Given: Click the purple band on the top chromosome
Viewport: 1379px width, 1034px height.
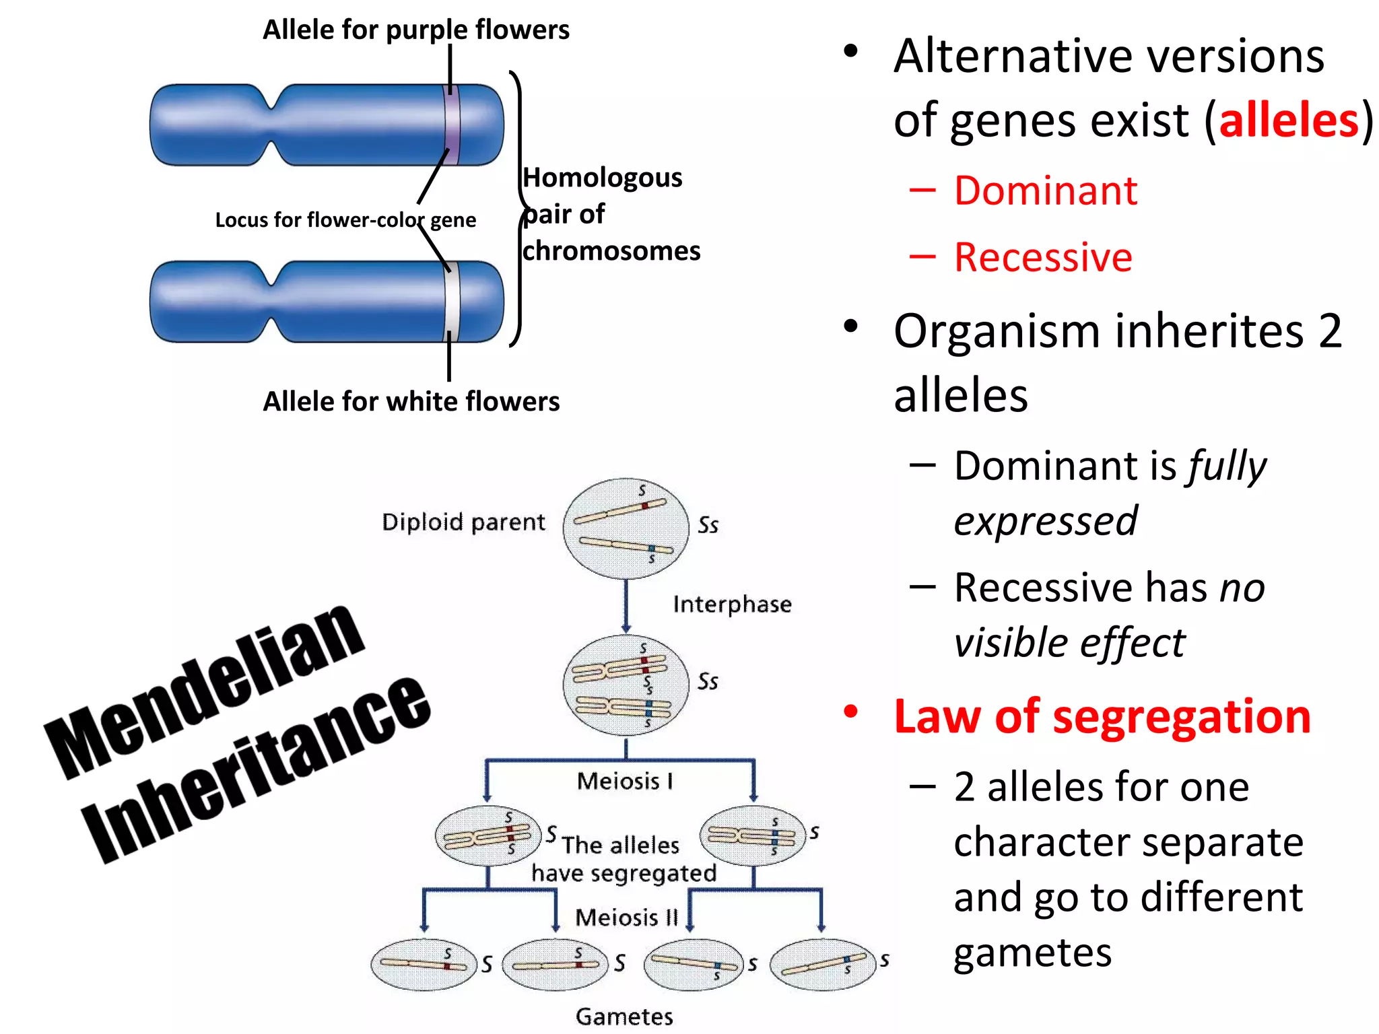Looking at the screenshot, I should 452,125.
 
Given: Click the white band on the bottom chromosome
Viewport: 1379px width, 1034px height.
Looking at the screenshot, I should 452,302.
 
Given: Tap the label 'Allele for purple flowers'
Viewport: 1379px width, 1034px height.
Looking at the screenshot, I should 415,30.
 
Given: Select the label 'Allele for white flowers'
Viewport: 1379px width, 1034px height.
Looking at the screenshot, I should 411,401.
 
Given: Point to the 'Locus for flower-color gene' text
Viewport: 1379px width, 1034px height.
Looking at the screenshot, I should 345,220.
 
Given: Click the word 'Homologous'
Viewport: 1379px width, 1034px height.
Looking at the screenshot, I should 603,178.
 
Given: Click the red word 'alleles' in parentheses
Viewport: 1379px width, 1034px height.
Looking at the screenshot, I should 1289,121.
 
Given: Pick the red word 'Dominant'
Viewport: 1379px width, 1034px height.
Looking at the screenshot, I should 1045,191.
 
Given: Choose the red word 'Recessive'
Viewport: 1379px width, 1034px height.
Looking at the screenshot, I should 1043,257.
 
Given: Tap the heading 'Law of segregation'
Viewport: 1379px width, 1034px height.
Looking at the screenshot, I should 1102,716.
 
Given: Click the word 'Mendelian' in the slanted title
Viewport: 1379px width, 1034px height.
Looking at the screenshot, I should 205,690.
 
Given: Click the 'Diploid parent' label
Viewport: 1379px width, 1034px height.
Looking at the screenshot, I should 463,522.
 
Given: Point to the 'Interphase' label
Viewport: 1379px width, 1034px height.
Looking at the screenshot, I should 732,604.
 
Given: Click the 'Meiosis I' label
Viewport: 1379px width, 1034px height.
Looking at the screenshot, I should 624,781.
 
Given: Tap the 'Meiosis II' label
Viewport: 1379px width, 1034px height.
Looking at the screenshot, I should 626,917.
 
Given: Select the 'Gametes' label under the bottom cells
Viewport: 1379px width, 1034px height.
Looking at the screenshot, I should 624,1016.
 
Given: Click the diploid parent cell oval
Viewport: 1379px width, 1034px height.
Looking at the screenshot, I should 626,528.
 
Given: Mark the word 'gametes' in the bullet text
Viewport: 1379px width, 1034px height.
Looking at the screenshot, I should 1032,953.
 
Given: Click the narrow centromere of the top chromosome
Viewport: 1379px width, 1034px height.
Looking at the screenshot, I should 273,125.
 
